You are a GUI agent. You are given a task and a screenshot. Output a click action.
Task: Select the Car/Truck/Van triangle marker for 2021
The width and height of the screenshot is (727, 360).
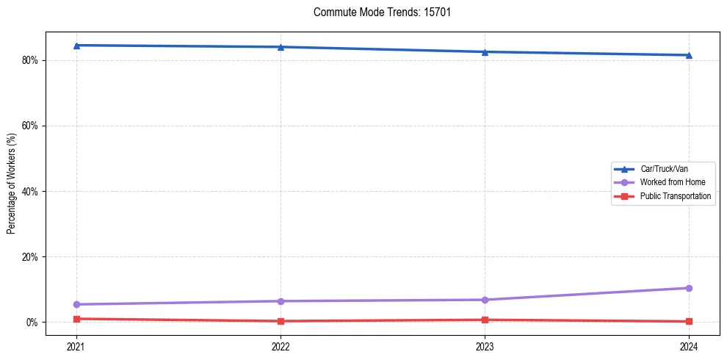pyautogui.click(x=76, y=46)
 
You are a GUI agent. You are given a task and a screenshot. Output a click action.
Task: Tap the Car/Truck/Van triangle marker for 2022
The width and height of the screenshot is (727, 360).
pyautogui.click(x=281, y=47)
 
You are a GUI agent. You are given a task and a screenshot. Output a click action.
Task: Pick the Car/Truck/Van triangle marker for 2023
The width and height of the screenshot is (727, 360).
pyautogui.click(x=485, y=52)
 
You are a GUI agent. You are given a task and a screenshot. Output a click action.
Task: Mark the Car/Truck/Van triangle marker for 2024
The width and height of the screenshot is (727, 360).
pyautogui.click(x=689, y=55)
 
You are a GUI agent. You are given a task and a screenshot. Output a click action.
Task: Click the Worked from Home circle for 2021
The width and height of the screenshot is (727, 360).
pyautogui.click(x=76, y=304)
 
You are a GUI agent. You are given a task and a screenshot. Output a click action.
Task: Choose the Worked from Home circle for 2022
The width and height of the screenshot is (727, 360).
pyautogui.click(x=281, y=301)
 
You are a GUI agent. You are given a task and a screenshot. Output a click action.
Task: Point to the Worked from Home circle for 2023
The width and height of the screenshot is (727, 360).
pyautogui.click(x=485, y=300)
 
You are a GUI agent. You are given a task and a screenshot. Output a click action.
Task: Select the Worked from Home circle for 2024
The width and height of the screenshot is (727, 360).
pyautogui.click(x=689, y=288)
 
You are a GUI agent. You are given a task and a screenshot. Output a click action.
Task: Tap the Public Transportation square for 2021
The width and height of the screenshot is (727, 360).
pyautogui.click(x=76, y=319)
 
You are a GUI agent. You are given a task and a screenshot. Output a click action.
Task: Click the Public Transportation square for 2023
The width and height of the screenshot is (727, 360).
pyautogui.click(x=485, y=320)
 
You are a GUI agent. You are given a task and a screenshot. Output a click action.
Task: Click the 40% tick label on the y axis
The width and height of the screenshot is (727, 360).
pyautogui.click(x=32, y=191)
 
